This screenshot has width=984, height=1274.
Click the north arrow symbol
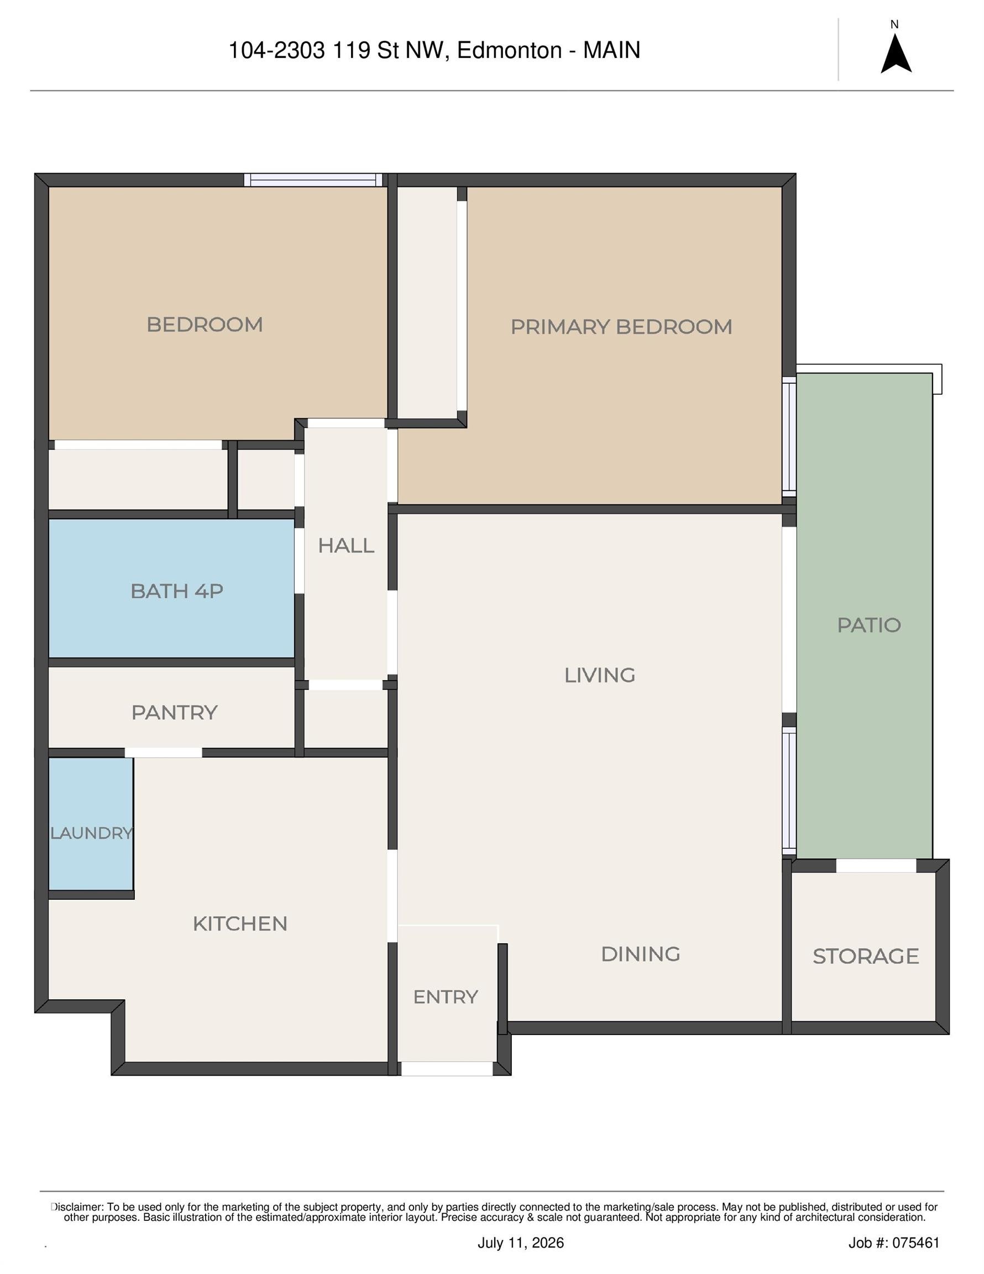(x=896, y=55)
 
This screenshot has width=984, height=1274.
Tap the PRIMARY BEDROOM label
(x=621, y=327)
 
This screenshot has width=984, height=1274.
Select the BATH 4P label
(x=177, y=591)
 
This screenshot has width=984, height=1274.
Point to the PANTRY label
(x=174, y=712)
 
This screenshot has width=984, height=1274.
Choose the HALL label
(x=346, y=545)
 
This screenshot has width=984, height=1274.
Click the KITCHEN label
(x=240, y=923)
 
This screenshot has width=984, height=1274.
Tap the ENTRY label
(x=446, y=997)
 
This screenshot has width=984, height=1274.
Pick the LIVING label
(x=600, y=675)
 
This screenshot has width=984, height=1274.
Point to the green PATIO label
(x=869, y=625)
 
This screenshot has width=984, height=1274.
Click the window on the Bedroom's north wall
(x=313, y=180)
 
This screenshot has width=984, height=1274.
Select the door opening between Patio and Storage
(x=876, y=866)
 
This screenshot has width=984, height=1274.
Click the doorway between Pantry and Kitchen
(x=163, y=753)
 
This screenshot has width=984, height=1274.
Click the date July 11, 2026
(x=521, y=1243)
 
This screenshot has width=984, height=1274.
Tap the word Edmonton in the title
(x=509, y=50)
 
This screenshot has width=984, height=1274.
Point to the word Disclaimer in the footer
(x=77, y=1207)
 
